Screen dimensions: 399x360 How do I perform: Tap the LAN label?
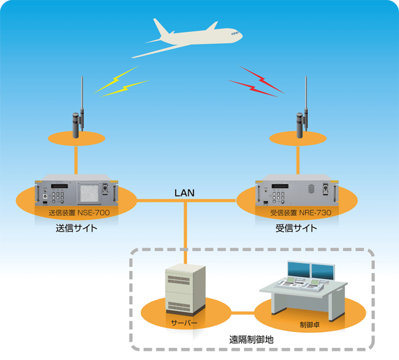pos(184,193)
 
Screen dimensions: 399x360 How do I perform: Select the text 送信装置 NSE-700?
pos(79,213)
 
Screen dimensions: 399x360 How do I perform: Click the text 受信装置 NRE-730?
pos(301,213)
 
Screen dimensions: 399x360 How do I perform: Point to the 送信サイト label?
pos(76,228)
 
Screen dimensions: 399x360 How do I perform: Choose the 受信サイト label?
pos(296,228)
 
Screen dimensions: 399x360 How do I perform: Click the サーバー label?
pos(184,323)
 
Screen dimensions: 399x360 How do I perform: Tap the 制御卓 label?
pos(310,324)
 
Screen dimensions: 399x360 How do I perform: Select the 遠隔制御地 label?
pos(251,339)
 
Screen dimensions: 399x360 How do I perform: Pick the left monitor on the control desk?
pos(299,269)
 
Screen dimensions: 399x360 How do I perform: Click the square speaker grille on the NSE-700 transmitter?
pos(89,193)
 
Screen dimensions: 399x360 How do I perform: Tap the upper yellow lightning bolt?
pos(116,79)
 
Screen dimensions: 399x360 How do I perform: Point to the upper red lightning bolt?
pos(262,80)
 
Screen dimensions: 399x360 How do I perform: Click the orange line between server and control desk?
pos(243,313)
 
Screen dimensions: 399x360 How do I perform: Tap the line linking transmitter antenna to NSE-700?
pos(76,160)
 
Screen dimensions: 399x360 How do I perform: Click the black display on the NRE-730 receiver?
pos(280,187)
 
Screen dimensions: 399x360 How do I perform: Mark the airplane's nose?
pos(240,35)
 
